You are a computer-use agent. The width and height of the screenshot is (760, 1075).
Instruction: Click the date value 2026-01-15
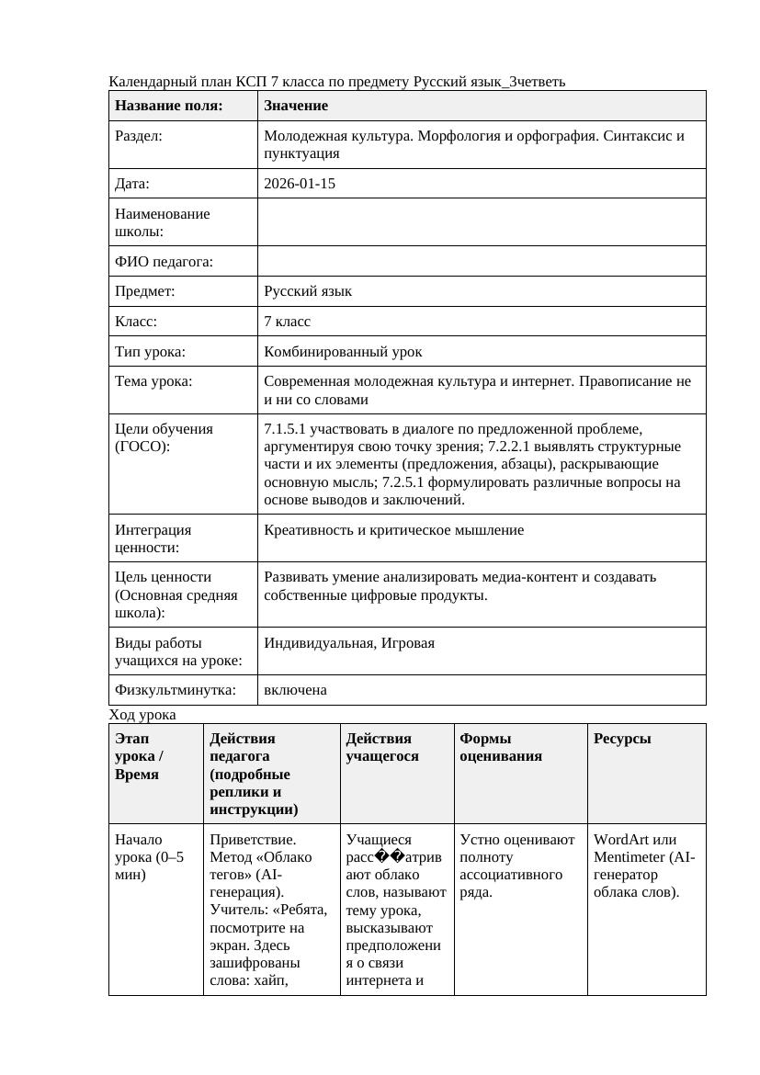click(x=299, y=184)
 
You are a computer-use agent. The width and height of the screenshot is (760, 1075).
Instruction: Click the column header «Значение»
click(x=295, y=106)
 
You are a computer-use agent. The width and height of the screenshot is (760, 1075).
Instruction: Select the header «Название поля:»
click(x=168, y=106)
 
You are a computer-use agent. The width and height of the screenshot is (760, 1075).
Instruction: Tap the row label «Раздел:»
click(x=139, y=136)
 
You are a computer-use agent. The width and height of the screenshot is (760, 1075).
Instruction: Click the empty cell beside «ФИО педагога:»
click(x=482, y=262)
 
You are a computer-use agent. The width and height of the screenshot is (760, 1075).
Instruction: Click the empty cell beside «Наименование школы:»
click(x=482, y=222)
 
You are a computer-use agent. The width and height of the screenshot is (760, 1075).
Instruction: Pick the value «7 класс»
click(x=287, y=322)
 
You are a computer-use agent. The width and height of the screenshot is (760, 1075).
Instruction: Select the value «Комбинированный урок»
click(x=343, y=352)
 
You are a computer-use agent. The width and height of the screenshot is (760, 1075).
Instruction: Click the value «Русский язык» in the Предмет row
click(x=307, y=291)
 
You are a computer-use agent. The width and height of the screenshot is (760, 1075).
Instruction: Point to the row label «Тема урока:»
click(x=153, y=381)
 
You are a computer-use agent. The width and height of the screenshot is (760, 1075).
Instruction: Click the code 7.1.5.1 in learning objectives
click(x=288, y=429)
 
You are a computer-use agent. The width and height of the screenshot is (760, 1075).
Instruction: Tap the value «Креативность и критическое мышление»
click(x=393, y=530)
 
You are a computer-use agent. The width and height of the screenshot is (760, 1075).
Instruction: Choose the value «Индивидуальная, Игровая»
click(x=349, y=643)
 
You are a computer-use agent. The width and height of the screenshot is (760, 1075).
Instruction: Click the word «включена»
click(x=295, y=690)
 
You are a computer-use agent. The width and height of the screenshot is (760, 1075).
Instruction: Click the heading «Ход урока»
click(x=142, y=715)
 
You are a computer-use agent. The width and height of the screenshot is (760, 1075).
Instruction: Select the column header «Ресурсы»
click(x=622, y=739)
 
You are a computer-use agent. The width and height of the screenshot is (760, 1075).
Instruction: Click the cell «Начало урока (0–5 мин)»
click(x=149, y=857)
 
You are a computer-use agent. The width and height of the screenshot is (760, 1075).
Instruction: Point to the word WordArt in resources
click(x=620, y=840)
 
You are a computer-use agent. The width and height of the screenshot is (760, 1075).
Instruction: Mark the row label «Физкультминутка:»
click(x=175, y=690)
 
